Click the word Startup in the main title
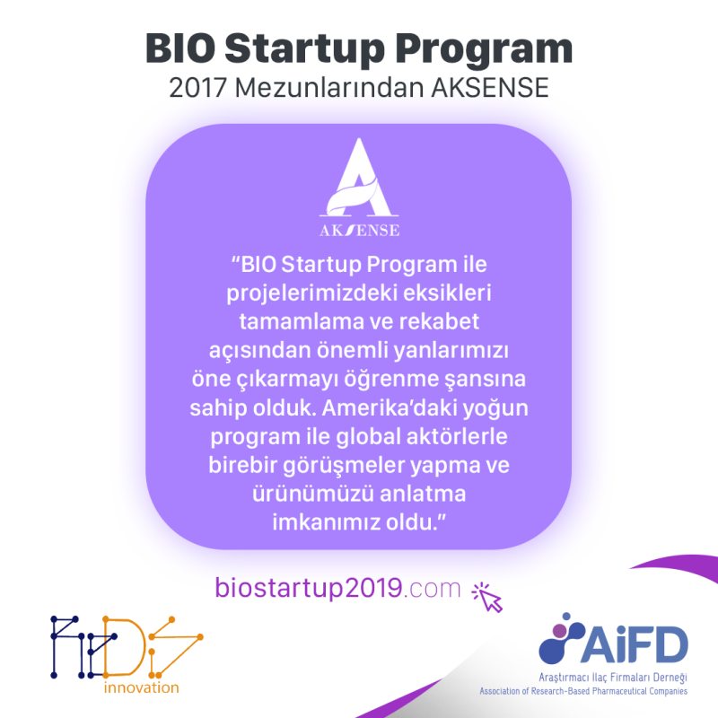tap(304, 49)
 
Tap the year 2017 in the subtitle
tap(197, 88)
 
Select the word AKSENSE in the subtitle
tap(490, 88)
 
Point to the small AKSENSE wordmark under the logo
tap(359, 230)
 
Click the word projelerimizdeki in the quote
tap(307, 294)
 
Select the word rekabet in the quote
tap(439, 321)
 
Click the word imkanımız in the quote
tap(326, 522)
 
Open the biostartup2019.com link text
tap(338, 588)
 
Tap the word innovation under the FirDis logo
tap(142, 687)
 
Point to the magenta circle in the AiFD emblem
tap(559, 631)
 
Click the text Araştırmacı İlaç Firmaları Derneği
tap(613, 678)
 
